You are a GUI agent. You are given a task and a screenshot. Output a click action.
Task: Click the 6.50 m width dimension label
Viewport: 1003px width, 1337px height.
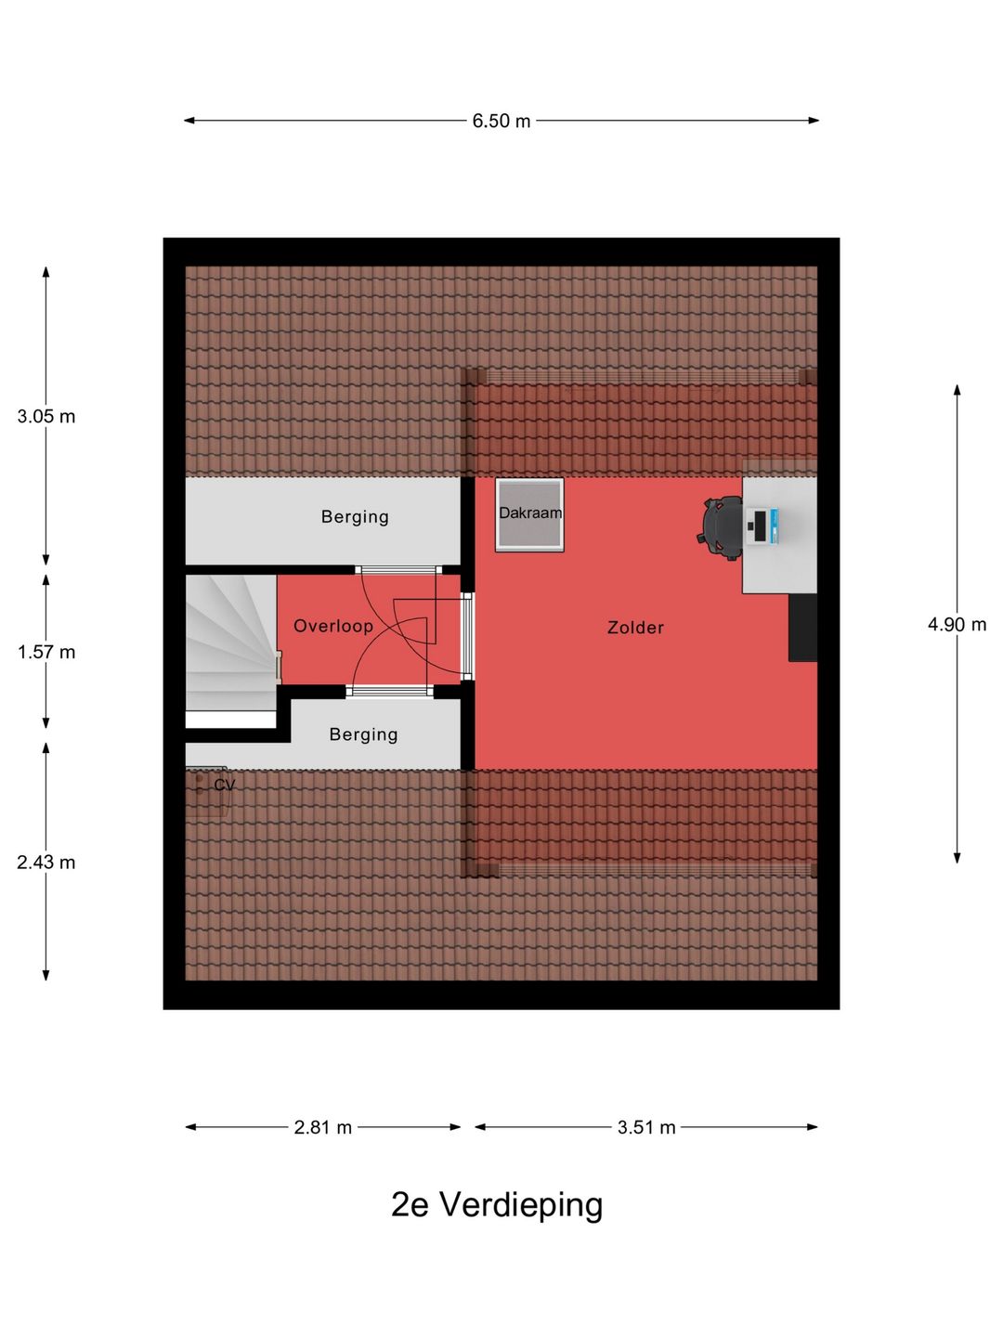pos(501,121)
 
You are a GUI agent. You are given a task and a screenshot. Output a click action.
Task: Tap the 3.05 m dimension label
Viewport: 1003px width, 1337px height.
pos(46,417)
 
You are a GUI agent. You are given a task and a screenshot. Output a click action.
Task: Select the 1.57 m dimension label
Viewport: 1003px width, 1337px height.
pos(46,653)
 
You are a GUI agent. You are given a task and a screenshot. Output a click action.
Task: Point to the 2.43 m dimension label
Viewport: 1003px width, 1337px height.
pos(46,862)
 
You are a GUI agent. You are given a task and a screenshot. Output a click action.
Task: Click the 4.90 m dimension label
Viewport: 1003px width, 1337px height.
pos(957,624)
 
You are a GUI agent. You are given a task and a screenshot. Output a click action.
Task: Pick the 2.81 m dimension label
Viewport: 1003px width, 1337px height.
pos(323,1127)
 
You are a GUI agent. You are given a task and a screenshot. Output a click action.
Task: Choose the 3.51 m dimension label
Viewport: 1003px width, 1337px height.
pos(646,1127)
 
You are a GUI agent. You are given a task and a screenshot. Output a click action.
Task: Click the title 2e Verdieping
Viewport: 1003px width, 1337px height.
pos(497,1204)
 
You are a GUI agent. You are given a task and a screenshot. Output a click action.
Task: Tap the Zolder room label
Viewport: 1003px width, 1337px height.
pos(635,628)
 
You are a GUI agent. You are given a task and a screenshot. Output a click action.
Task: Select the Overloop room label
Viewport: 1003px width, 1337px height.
pos(333,626)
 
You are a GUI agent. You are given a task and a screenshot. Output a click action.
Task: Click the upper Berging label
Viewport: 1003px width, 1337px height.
pos(355,516)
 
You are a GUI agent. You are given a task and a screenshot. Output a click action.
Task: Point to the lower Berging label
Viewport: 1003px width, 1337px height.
pos(363,734)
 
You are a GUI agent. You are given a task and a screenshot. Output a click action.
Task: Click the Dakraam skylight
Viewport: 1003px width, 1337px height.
pos(529,514)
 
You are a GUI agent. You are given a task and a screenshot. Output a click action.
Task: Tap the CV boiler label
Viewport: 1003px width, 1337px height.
pos(224,785)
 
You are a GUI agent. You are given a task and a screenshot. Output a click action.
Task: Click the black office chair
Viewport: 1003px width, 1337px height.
pos(722,526)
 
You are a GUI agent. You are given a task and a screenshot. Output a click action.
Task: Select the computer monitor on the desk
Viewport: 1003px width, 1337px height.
pos(761,526)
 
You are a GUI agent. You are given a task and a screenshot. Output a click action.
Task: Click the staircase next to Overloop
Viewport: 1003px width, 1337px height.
pos(231,643)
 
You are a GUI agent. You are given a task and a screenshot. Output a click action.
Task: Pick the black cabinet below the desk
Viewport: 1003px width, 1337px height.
pos(802,628)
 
